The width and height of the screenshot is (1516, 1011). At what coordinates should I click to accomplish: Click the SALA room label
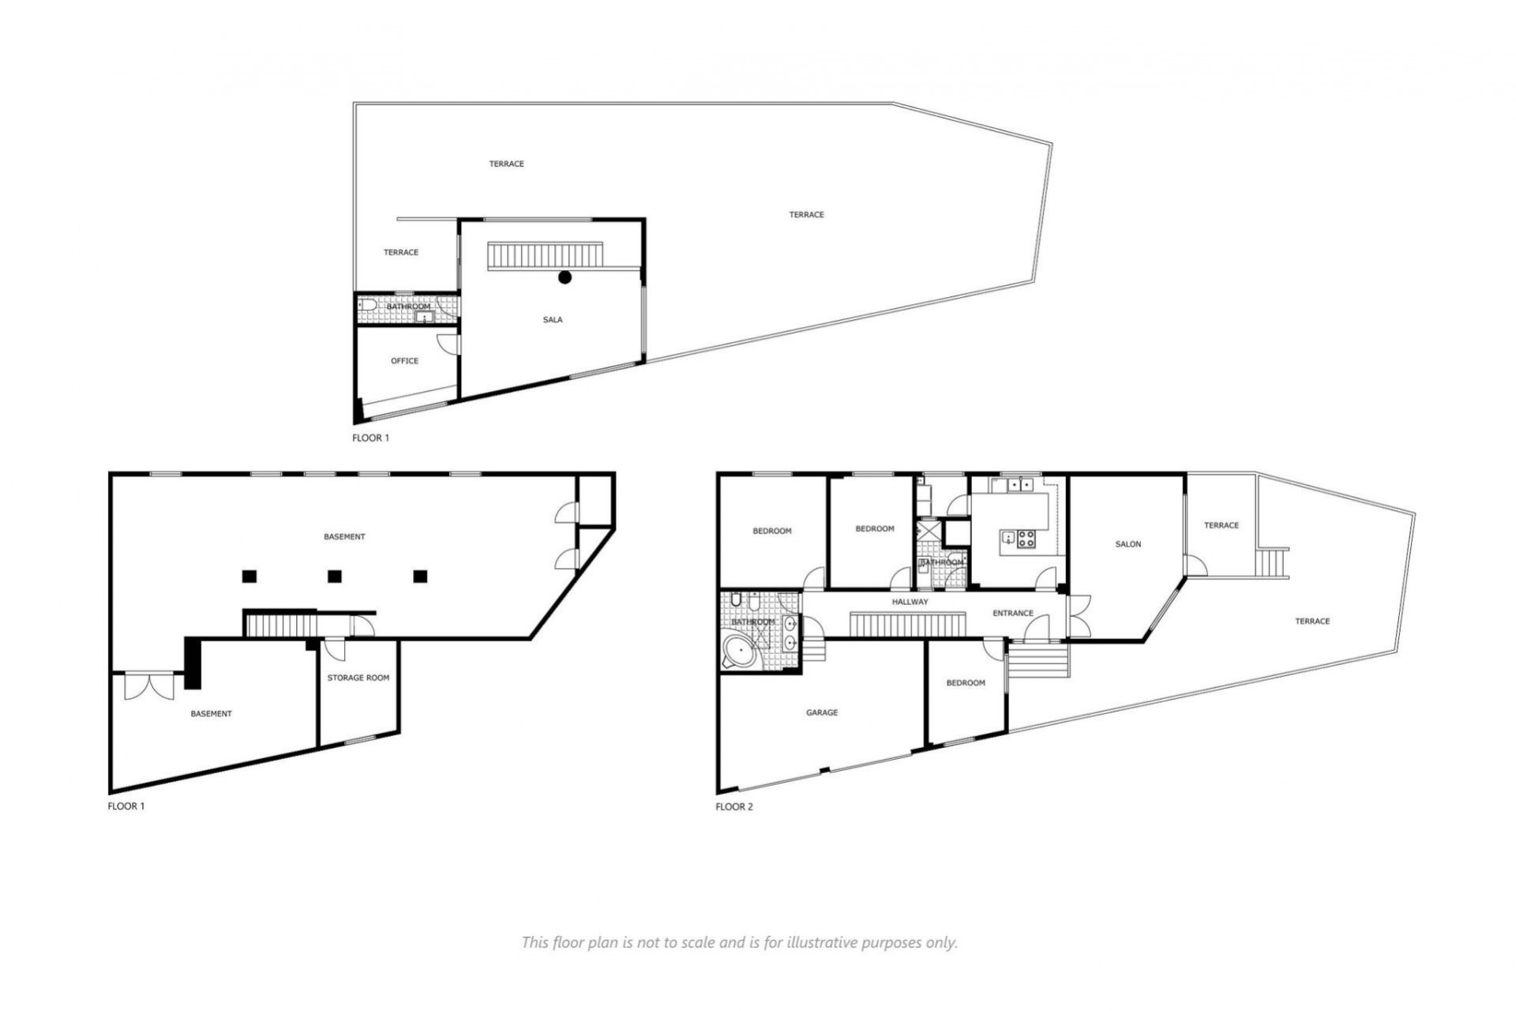[553, 320]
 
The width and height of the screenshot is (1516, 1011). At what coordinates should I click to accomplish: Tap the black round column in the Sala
[565, 276]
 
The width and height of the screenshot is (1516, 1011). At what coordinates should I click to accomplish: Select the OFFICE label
[404, 361]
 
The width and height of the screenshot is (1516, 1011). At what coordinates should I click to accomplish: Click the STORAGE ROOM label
[358, 678]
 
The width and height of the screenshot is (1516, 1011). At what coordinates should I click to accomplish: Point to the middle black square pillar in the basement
[335, 576]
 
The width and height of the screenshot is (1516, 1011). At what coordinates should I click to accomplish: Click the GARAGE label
[822, 712]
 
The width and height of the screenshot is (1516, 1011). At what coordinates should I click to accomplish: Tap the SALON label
[1128, 544]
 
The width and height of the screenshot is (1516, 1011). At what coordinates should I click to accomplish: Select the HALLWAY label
[910, 602]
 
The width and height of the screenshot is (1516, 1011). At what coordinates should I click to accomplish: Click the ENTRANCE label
[1013, 613]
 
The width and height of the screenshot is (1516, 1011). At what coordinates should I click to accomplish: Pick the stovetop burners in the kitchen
[1026, 539]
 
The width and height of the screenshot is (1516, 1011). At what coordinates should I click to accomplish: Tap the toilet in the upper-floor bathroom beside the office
[366, 306]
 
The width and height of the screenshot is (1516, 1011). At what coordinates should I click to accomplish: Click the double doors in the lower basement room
[148, 686]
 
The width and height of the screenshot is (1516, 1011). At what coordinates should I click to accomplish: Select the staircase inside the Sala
[545, 255]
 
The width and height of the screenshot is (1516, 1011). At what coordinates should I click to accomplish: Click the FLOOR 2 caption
[734, 807]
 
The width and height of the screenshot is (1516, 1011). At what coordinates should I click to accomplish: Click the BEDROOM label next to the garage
[966, 682]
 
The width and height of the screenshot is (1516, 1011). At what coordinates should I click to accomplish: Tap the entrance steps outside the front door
[1038, 660]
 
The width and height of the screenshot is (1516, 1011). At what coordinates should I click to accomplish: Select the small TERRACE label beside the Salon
[1221, 525]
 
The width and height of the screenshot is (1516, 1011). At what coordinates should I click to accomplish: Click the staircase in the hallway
[908, 623]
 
